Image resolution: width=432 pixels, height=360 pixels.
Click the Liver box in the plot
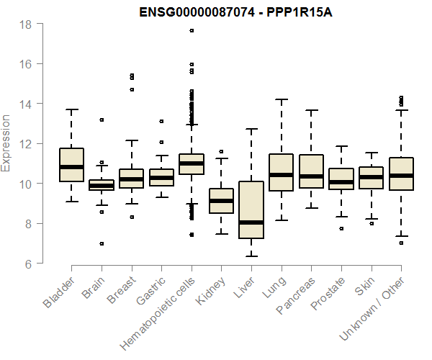pos(251,210)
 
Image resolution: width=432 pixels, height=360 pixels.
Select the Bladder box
pos(71,165)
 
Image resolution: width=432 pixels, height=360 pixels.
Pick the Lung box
pos(281,172)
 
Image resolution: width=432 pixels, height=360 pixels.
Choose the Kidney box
pos(221,201)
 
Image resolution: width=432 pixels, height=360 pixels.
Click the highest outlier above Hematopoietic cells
pos(192,30)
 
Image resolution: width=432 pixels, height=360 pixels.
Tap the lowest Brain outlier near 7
pos(102,243)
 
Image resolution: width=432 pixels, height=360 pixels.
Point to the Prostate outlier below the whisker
pos(341,228)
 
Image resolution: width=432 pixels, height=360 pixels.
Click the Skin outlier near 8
pos(371,223)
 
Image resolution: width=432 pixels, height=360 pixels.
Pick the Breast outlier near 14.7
pos(131,89)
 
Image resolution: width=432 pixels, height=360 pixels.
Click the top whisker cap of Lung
pos(281,99)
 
